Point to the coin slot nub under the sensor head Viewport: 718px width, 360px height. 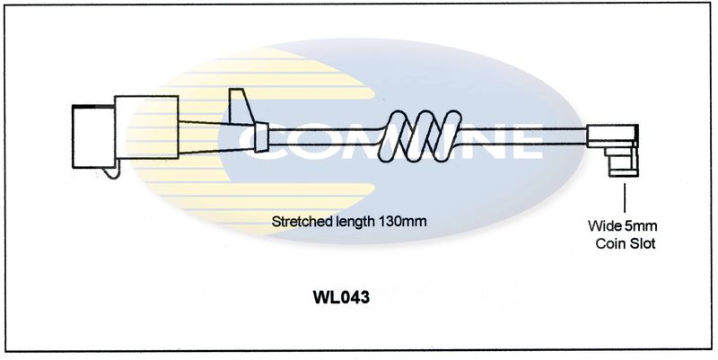[619, 165]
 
